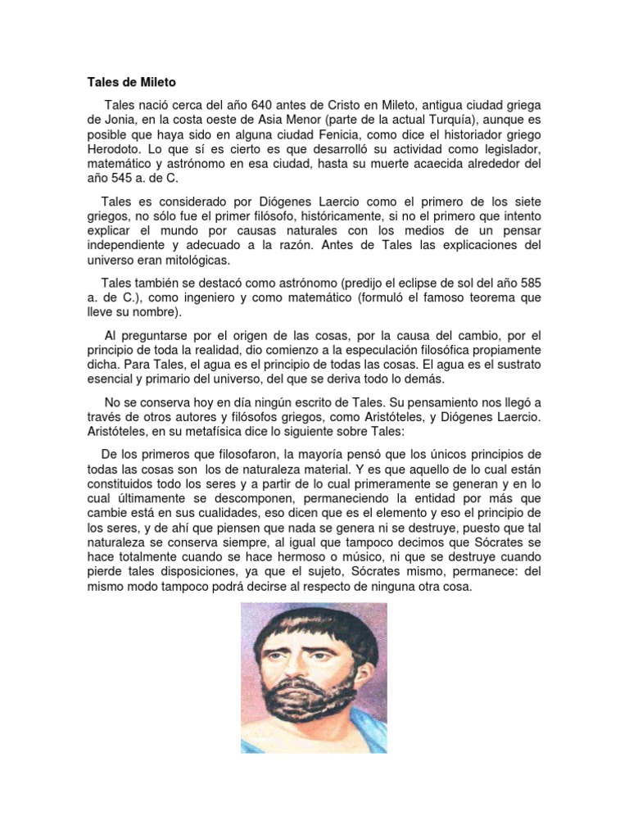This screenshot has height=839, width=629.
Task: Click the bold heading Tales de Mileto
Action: [x=132, y=83]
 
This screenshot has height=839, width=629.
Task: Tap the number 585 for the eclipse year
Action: [x=528, y=283]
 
